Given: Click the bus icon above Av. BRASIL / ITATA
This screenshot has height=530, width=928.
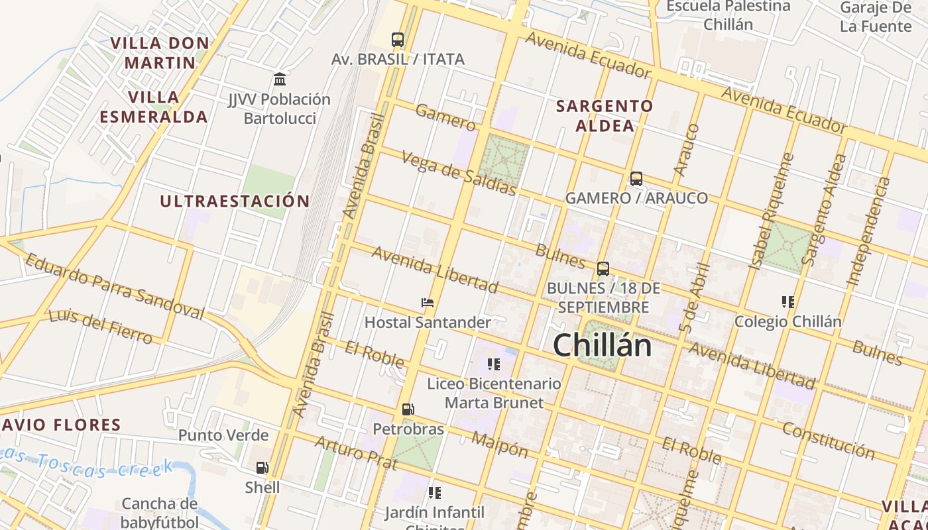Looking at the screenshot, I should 398,40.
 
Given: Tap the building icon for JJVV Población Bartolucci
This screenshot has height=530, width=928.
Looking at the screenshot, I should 280,79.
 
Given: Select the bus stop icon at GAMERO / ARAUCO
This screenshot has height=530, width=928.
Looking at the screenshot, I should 636,179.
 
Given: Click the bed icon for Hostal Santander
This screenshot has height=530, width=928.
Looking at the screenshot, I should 428,303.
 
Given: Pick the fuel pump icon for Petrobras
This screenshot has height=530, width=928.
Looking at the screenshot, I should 408,410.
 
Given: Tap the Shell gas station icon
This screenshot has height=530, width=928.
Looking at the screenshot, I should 262,468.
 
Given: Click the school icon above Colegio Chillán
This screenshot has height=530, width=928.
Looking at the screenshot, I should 787,302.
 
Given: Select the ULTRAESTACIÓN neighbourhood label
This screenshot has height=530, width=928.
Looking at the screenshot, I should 235,201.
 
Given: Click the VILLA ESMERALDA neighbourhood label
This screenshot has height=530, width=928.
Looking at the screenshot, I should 154,107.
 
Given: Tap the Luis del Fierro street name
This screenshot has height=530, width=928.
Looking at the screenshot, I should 101,326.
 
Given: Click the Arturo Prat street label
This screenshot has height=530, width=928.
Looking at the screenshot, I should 355,452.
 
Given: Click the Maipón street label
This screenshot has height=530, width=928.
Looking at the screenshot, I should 500,445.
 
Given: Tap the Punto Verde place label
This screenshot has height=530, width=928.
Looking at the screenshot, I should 223,435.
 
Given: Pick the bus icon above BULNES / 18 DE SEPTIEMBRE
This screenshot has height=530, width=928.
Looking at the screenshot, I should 603,269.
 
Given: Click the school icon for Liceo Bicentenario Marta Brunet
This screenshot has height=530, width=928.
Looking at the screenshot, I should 493,364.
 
